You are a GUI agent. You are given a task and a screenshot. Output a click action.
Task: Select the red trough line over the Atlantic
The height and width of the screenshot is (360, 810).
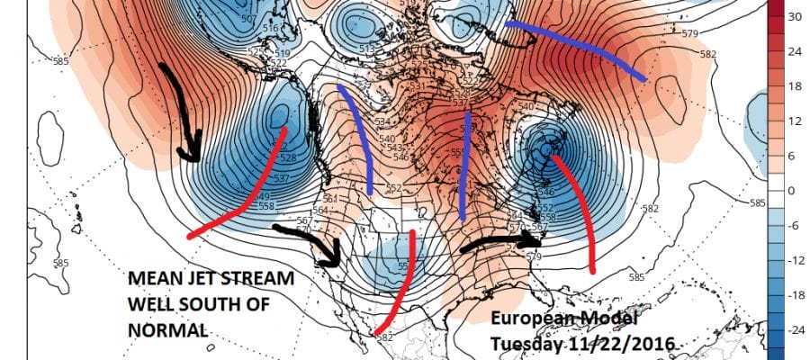tap(580, 211)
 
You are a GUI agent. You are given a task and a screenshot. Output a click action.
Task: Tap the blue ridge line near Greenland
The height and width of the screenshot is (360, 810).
tap(576, 49)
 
